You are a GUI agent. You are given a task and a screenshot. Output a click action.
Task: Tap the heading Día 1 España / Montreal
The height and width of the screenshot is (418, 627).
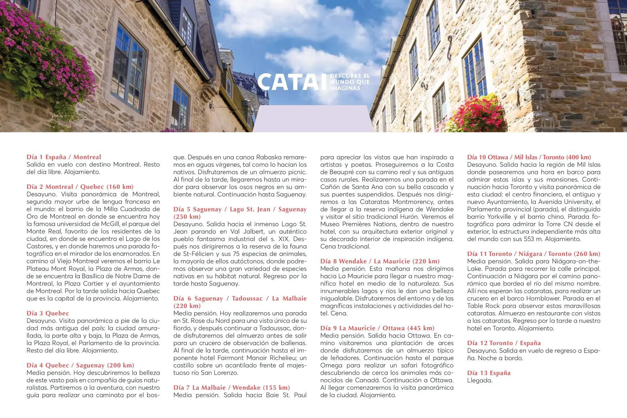coord(64,157)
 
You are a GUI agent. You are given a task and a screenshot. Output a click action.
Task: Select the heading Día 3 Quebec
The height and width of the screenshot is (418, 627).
coord(48,313)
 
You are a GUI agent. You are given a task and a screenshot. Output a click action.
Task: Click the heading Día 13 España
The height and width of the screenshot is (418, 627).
coord(489,373)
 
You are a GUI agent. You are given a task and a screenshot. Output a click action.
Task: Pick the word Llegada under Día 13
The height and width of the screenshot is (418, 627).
coord(479,380)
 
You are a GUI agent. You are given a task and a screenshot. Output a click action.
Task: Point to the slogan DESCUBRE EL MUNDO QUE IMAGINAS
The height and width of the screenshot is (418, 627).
coord(349,82)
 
